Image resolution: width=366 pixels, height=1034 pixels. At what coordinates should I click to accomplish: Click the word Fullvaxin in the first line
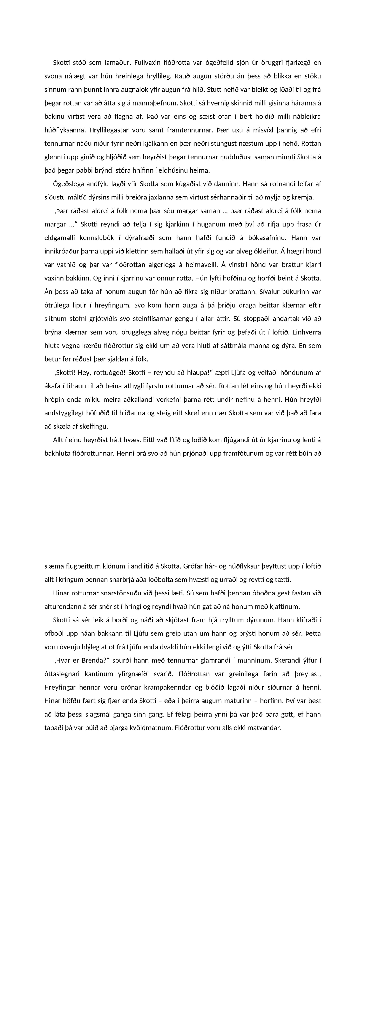148,63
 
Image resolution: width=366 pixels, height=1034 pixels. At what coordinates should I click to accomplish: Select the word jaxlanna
160,197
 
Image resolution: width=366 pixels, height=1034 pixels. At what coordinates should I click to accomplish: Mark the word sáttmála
253,345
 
